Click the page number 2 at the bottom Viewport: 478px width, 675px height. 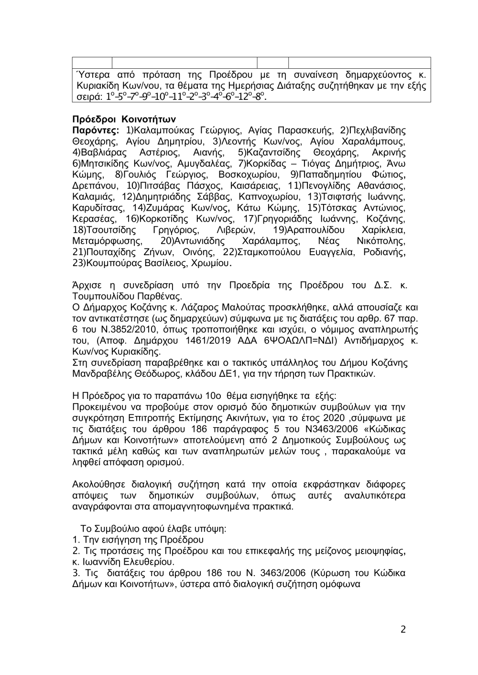403,629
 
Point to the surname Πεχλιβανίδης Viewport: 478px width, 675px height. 378,130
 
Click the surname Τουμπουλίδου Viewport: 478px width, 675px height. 106,296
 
